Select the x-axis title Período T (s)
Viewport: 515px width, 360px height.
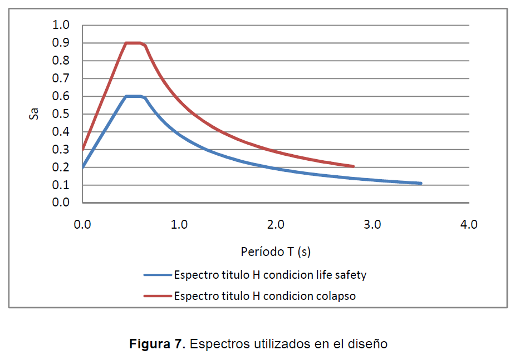275,251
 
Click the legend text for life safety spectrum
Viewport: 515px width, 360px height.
270,274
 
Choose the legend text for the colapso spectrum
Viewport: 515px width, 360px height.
264,296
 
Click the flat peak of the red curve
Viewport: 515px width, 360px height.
133,43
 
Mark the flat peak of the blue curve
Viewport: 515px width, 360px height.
133,96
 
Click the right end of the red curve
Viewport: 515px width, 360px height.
353,166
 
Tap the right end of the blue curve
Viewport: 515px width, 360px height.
421,183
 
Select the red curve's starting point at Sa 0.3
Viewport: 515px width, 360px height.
83,149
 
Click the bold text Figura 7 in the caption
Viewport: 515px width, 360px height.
157,344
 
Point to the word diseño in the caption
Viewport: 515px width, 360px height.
368,344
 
